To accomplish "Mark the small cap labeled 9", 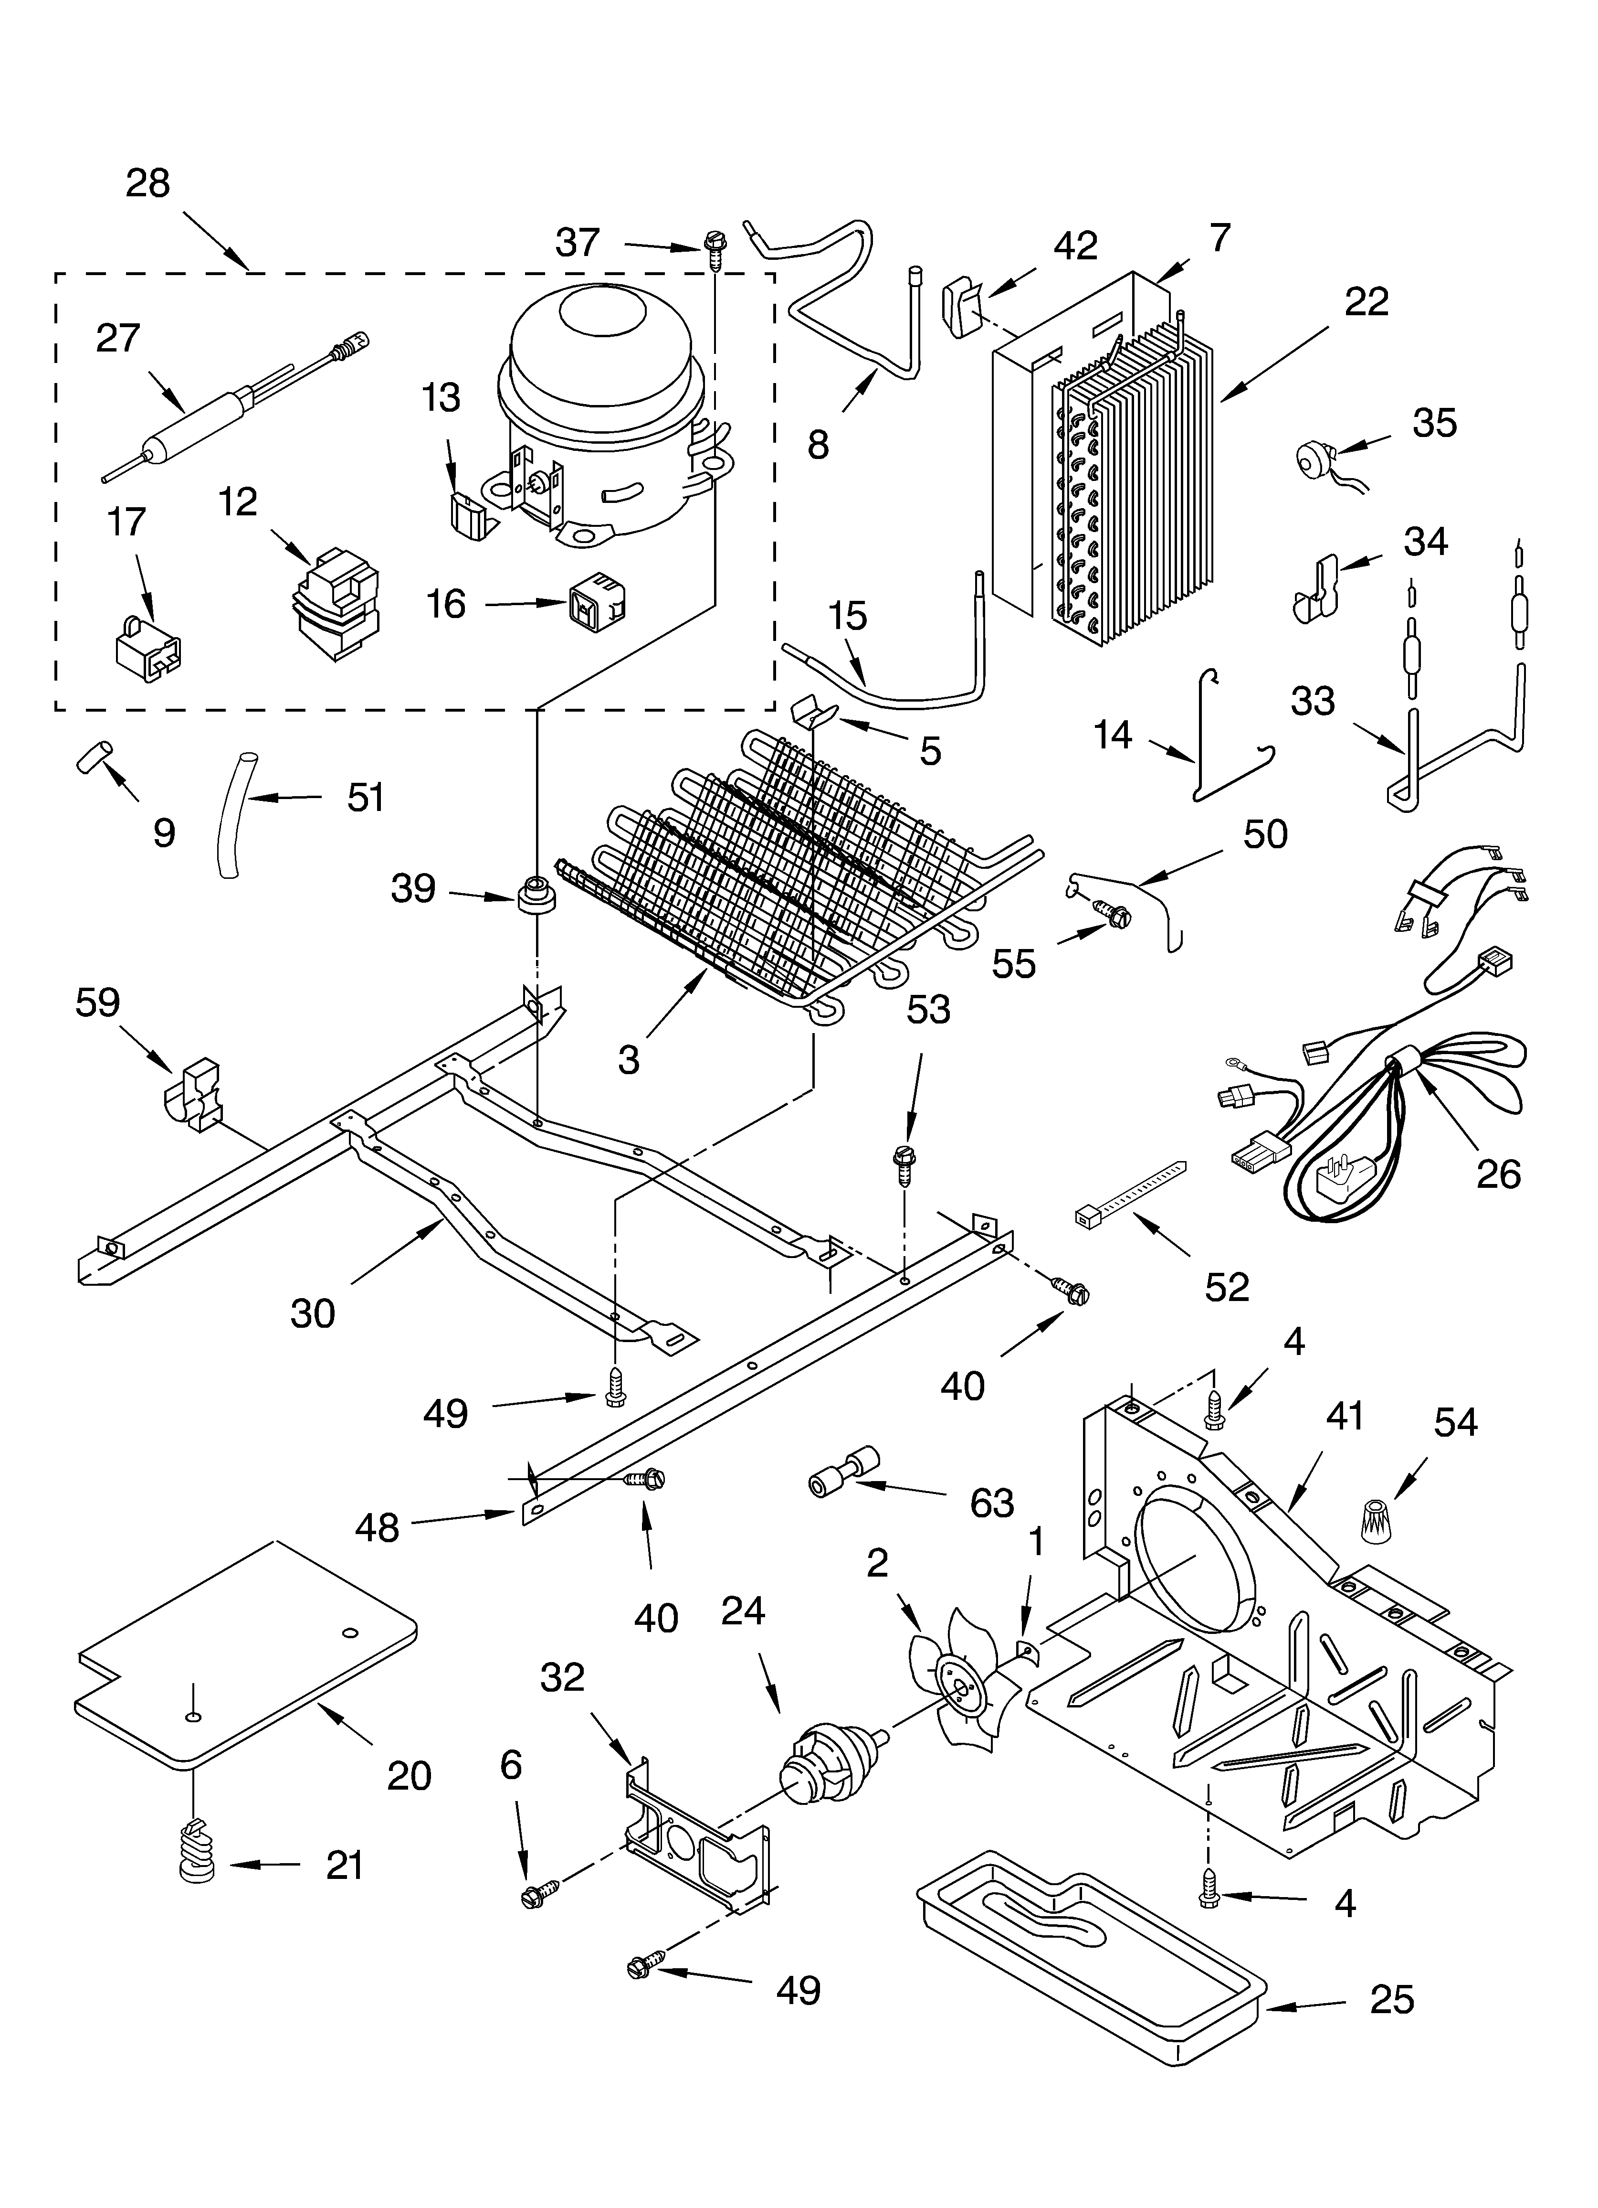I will coord(95,756).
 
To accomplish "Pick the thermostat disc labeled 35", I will coord(1318,457).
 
